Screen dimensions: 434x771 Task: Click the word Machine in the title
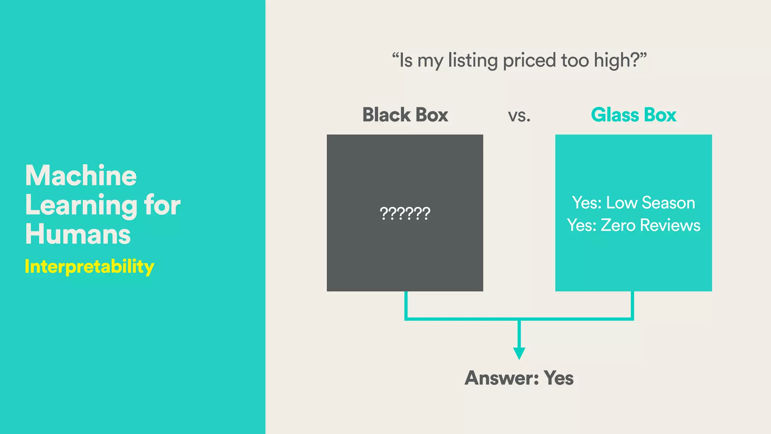pos(81,176)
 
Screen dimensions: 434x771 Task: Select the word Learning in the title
pos(81,206)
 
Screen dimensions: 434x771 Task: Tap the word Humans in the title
pos(78,234)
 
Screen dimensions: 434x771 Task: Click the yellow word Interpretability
pos(90,267)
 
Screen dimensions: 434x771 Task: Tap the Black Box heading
pos(405,115)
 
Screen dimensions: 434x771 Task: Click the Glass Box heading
pos(634,115)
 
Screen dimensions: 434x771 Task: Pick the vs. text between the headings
pos(519,116)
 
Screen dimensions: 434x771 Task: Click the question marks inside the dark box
pos(405,214)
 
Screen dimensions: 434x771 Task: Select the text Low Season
pos(651,203)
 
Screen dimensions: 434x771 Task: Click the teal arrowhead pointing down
pos(519,353)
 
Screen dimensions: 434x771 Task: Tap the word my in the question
pos(430,61)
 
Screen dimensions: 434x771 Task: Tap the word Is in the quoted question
pos(406,61)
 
